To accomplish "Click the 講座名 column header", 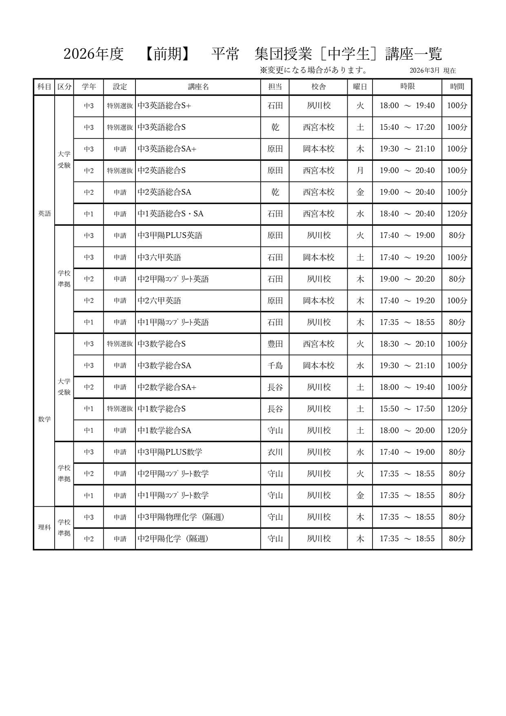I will [198, 87].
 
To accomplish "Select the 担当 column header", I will [275, 87].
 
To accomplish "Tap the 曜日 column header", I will [360, 87].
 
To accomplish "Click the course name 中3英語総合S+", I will [164, 106].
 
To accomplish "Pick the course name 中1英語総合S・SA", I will [171, 214].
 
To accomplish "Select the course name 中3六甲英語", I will [160, 257].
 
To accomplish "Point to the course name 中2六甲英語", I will [160, 300].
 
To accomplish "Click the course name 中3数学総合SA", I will [164, 365].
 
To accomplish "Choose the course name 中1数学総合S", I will [162, 409].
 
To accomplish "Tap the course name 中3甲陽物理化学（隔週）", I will [181, 517].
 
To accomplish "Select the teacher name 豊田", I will [275, 344].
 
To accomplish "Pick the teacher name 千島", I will [275, 365].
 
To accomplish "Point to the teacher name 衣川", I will [275, 452].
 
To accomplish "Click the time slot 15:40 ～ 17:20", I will [407, 127].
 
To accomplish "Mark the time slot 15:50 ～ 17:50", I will [407, 409].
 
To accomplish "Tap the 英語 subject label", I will [44, 213].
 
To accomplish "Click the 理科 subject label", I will [44, 527].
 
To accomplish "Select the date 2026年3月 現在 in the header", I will [433, 70].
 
